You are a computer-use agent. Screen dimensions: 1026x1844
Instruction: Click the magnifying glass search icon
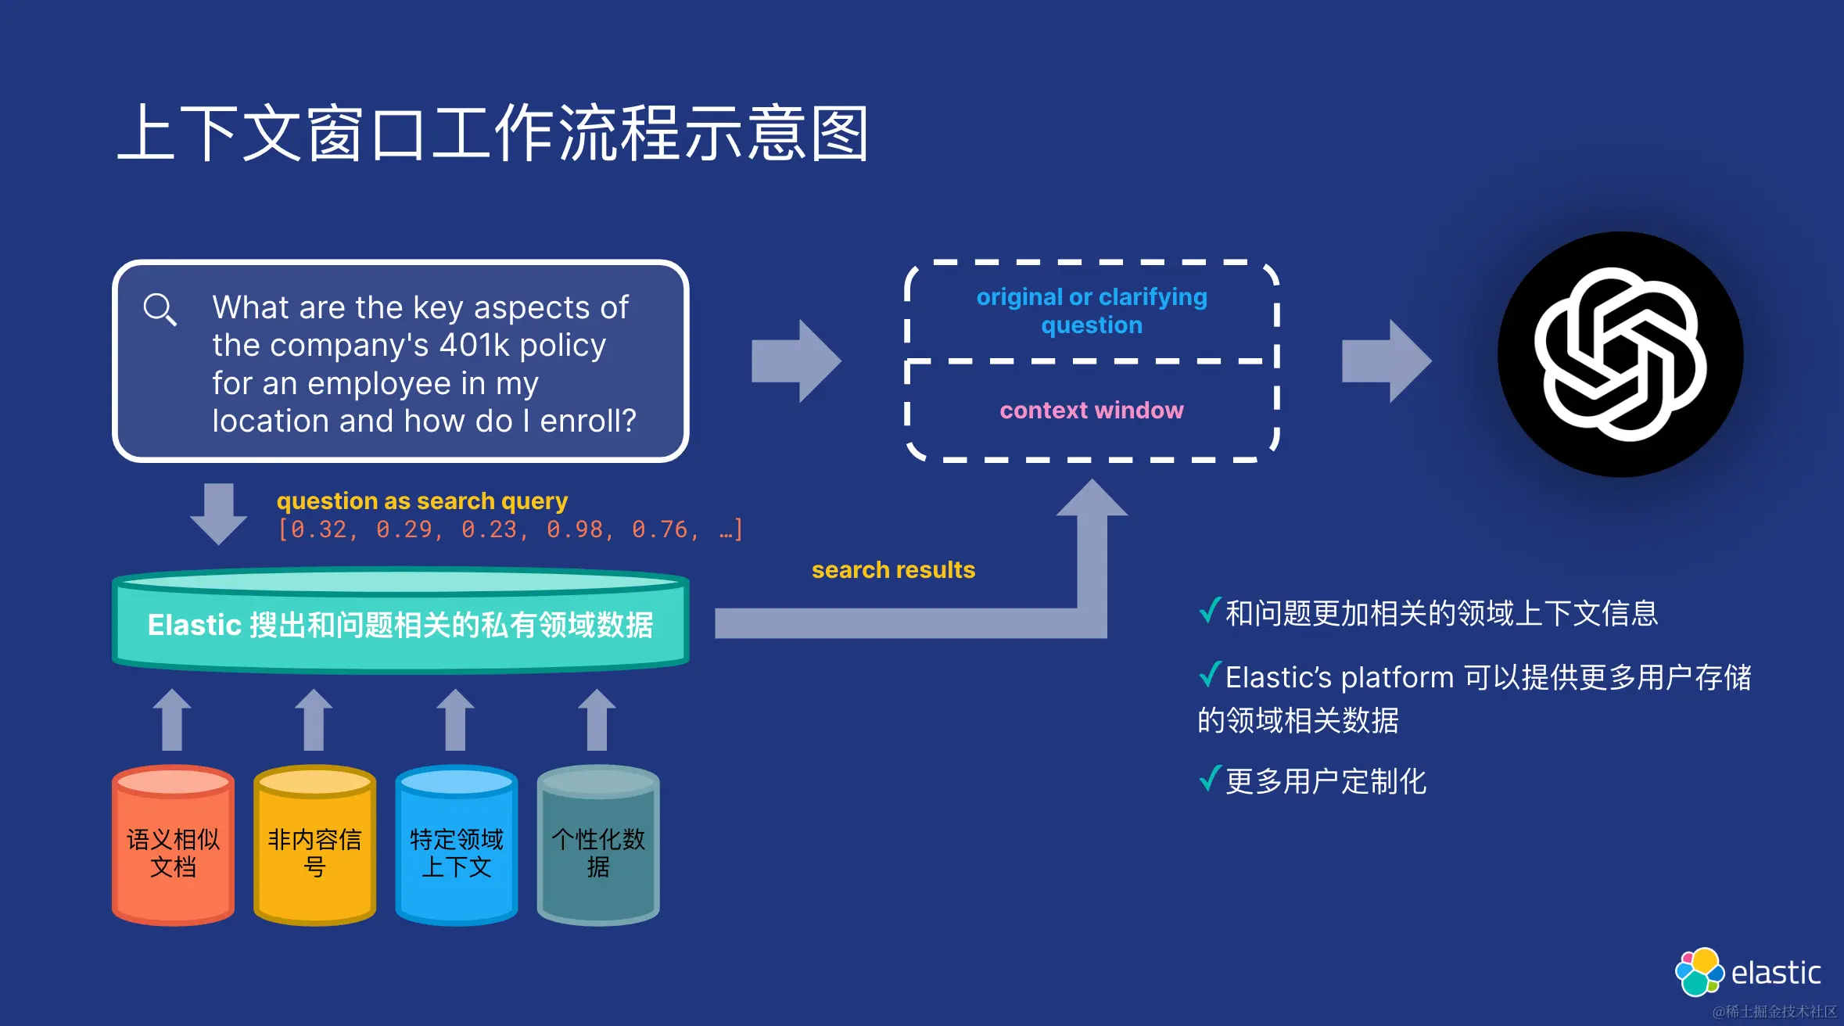click(160, 310)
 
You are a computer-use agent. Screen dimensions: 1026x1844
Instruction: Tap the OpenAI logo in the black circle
click(1620, 354)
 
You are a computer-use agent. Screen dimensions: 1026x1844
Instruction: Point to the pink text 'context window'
click(1092, 411)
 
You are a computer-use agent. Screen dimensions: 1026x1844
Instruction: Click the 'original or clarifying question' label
click(1092, 310)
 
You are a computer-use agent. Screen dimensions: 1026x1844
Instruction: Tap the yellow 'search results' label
click(893, 570)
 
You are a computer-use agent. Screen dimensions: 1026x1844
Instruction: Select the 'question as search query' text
click(422, 501)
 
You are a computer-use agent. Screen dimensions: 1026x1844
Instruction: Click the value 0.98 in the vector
click(575, 530)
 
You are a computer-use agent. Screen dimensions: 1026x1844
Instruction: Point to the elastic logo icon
click(1699, 972)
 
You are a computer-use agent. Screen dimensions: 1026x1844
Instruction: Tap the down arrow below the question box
click(219, 513)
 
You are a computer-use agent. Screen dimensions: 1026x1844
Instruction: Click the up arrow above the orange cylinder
click(172, 719)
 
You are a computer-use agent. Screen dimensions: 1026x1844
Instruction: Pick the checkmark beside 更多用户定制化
click(1210, 779)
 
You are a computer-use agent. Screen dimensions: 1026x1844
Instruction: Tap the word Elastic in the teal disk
click(194, 625)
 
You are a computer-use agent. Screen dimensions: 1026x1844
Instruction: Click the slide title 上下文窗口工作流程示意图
click(493, 134)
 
